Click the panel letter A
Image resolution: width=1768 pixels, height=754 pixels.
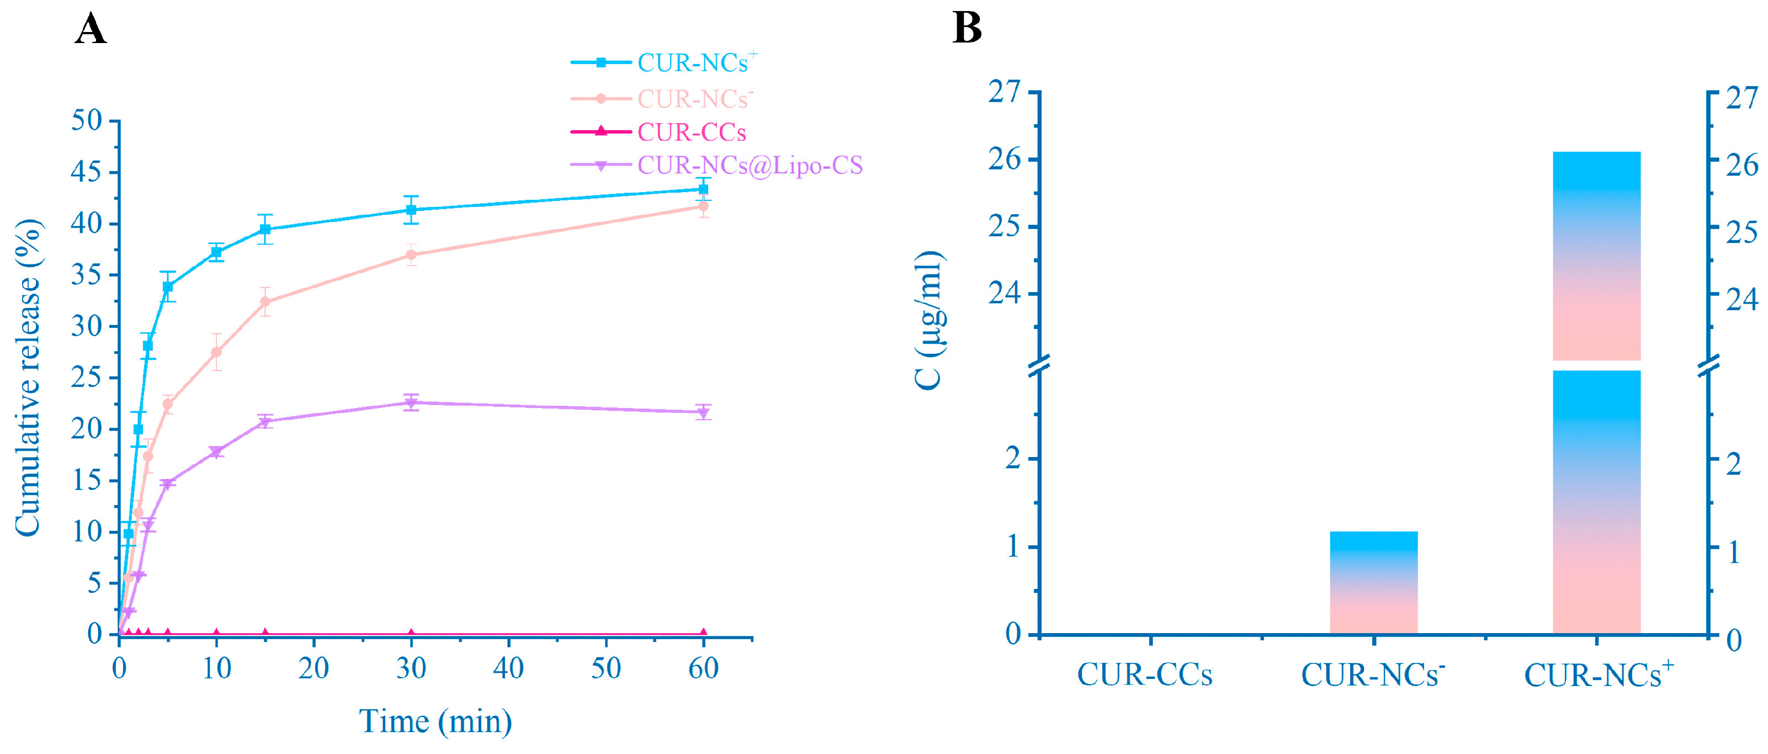(x=90, y=29)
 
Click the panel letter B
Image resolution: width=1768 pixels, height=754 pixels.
(x=967, y=29)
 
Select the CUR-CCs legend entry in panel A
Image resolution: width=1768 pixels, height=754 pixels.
(x=691, y=132)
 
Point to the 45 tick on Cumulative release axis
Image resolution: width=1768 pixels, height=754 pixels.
(x=87, y=172)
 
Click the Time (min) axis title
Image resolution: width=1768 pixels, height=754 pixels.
(x=435, y=721)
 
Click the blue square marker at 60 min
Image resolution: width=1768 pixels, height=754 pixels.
(x=703, y=189)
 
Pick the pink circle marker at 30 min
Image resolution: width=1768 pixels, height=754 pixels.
(x=411, y=254)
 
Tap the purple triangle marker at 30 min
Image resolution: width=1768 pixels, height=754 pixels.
(x=411, y=403)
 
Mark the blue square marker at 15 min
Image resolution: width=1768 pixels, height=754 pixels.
(x=265, y=229)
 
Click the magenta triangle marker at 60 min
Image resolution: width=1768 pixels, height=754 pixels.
(x=703, y=633)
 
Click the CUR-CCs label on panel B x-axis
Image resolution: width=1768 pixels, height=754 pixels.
(x=1144, y=675)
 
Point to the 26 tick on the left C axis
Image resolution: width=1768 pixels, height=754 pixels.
(x=1005, y=159)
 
